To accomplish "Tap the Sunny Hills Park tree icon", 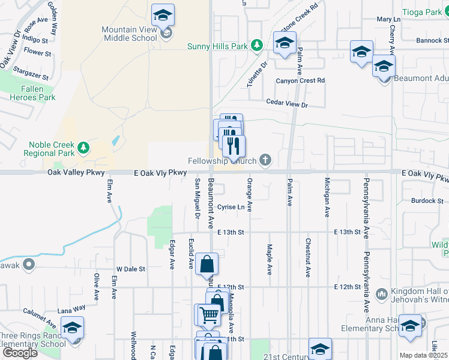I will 258,45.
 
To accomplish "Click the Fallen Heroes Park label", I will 32,93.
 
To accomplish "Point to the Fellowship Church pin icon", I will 265,160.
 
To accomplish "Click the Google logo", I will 19,353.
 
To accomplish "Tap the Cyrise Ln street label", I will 231,207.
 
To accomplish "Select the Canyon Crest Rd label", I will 300,80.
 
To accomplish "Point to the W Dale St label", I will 131,269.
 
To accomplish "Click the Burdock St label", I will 427,200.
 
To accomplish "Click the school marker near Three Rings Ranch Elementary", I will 72,328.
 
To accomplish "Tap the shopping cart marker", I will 209,314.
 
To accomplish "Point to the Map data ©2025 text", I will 423,355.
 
